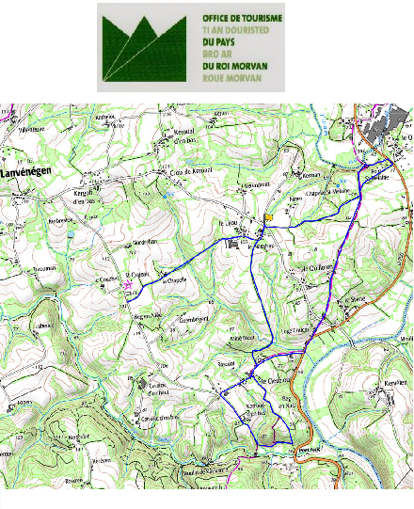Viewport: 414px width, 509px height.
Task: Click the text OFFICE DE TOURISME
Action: tap(236, 18)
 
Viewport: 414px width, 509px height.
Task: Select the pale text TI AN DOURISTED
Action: tap(236, 30)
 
